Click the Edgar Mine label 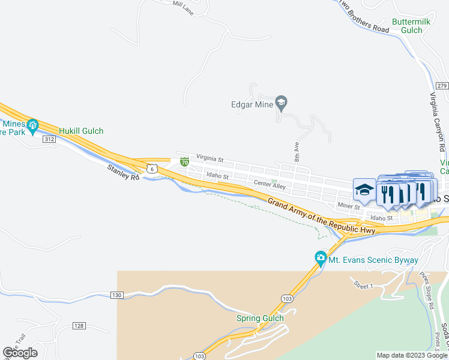pos(252,103)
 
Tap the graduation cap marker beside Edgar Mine pos(281,103)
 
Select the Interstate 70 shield pos(185,162)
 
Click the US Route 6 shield pos(153,170)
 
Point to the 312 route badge pos(49,139)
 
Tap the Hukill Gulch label pos(81,131)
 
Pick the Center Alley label pos(270,185)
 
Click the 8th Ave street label pos(297,150)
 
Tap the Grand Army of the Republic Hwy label pos(321,217)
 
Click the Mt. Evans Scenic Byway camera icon pos(321,259)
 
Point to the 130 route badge pos(117,295)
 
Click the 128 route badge pos(79,325)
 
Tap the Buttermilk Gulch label pos(408,26)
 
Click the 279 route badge pos(442,86)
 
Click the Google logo pos(20,353)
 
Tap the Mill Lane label pos(183,7)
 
